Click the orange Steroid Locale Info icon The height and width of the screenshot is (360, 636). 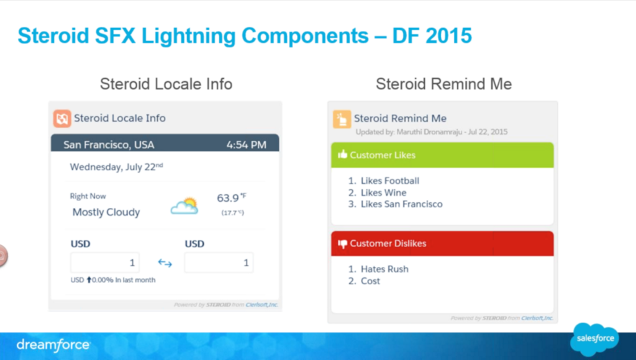click(62, 118)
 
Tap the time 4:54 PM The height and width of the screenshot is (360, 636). click(246, 145)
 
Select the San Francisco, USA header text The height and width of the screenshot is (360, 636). click(109, 145)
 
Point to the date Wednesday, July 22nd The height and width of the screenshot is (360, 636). click(116, 166)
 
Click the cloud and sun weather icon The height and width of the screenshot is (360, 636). click(184, 206)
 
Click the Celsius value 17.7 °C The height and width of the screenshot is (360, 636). click(232, 213)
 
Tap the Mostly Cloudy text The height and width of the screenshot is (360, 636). click(106, 212)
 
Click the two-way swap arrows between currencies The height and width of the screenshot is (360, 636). click(165, 263)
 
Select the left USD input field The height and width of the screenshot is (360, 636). click(105, 263)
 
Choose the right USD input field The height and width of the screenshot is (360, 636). click(219, 263)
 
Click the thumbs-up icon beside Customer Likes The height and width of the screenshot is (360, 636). click(342, 155)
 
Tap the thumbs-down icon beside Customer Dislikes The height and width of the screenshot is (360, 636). click(342, 244)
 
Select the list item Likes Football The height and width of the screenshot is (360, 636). click(390, 181)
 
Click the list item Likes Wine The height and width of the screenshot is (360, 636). click(384, 192)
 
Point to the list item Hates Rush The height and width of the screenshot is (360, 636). click(384, 269)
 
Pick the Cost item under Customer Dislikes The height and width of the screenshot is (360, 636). click(370, 281)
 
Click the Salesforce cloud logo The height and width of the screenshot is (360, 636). click(594, 339)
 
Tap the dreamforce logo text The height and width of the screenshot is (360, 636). click(53, 344)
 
